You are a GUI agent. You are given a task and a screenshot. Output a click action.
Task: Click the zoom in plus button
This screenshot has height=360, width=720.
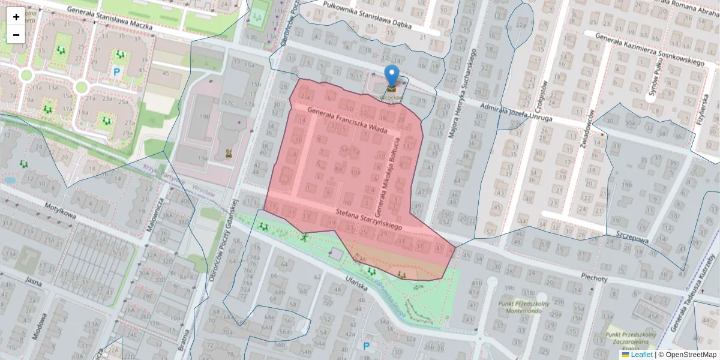[x=16, y=16]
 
